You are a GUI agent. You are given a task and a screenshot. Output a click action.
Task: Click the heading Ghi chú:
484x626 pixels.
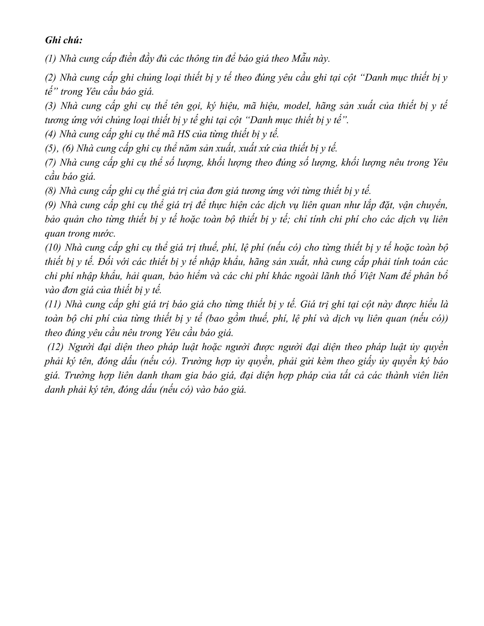pos(64,40)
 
